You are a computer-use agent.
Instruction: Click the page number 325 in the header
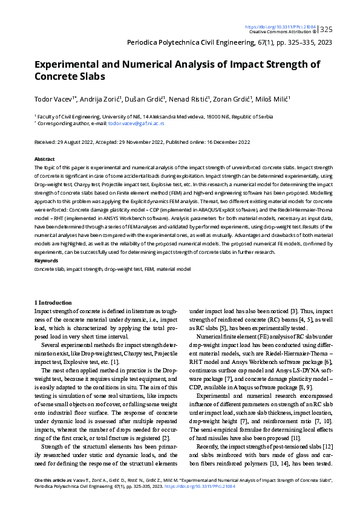pos(326,29)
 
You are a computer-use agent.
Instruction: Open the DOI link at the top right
pos(281,27)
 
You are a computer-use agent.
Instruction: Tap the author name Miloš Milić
pos(272,99)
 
